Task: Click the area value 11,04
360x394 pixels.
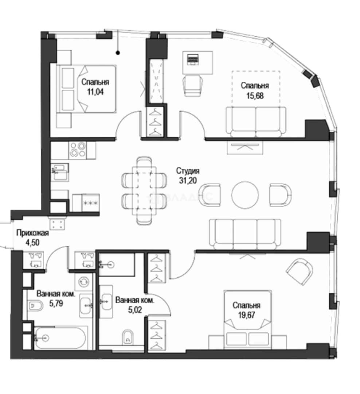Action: [x=95, y=92]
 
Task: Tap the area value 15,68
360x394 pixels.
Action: [x=255, y=96]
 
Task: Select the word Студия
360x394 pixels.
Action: [x=188, y=171]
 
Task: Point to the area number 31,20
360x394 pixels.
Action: [x=188, y=181]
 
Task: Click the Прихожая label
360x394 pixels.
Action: [x=32, y=233]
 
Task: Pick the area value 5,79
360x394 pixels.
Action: [x=56, y=304]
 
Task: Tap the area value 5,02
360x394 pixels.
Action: [x=135, y=310]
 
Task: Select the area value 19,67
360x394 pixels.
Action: [x=247, y=315]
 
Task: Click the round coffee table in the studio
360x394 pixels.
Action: [x=245, y=194]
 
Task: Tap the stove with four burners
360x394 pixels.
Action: [x=78, y=150]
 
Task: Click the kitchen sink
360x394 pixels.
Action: [x=59, y=172]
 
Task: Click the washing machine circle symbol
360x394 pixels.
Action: [x=84, y=281]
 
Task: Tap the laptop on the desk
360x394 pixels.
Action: [x=193, y=59]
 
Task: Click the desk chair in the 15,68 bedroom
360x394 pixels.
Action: [x=193, y=85]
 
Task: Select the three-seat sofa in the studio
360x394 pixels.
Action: [x=245, y=234]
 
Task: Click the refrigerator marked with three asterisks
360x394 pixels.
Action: [x=86, y=203]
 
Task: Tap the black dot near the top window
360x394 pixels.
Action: [x=118, y=53]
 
